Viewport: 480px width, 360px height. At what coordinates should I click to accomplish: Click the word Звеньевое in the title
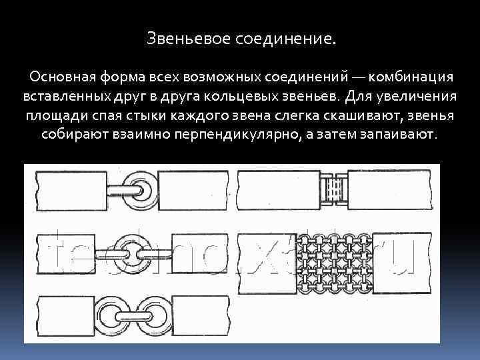point(189,41)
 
